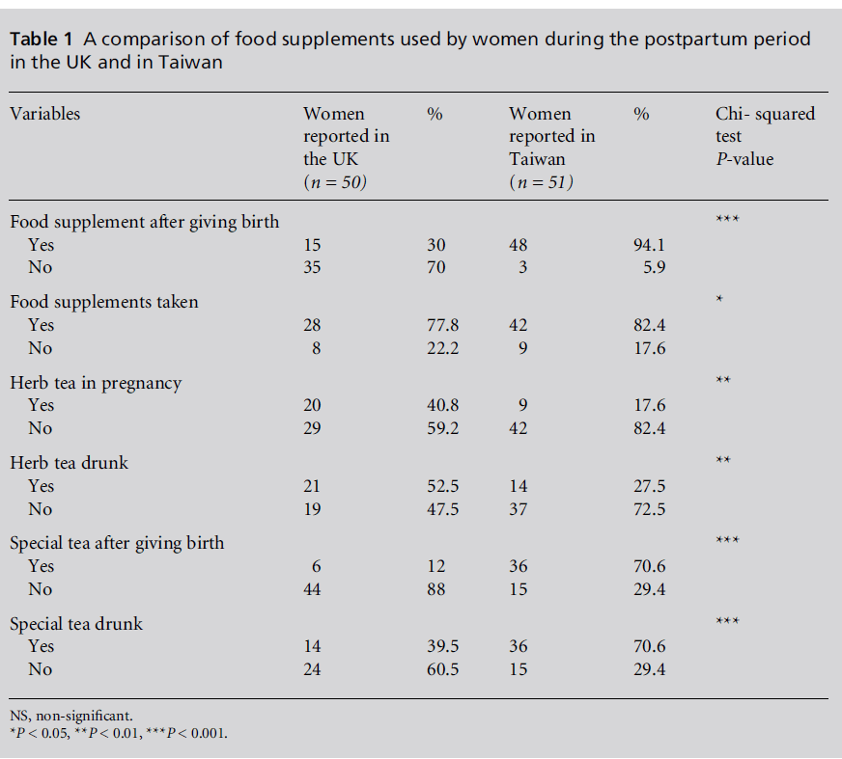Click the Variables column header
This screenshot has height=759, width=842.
coord(45,114)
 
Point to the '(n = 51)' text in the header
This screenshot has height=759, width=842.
coord(541,182)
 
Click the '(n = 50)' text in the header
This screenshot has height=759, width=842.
coord(335,182)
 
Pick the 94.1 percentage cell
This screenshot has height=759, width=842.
coord(649,245)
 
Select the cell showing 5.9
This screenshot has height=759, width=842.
coord(654,267)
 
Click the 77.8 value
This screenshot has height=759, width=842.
coord(442,325)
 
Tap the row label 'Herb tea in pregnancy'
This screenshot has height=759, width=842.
coord(96,383)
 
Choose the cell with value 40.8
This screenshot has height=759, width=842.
coord(442,406)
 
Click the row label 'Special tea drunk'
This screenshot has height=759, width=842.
coord(76,624)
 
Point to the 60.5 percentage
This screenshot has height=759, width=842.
coord(442,669)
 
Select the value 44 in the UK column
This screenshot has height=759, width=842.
coord(313,589)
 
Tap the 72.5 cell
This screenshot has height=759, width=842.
coord(649,509)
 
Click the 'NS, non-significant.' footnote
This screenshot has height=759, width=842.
coord(71,716)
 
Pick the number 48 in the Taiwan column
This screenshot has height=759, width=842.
coord(519,245)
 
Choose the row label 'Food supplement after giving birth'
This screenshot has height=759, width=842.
coord(145,222)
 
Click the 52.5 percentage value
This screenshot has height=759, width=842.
coord(442,486)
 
